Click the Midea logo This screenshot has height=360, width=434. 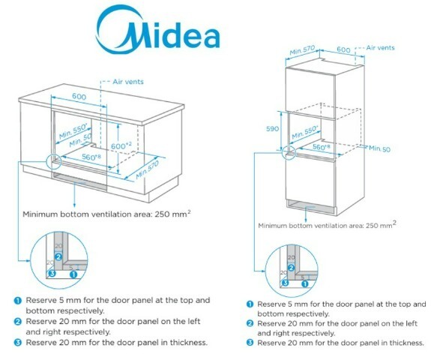[158, 30]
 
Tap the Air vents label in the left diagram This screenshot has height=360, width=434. [128, 82]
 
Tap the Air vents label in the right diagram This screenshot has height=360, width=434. [380, 48]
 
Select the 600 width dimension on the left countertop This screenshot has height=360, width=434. [79, 96]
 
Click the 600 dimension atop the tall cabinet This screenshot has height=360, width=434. [343, 49]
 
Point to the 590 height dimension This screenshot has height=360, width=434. [272, 129]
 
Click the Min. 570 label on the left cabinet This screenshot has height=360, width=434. [148, 169]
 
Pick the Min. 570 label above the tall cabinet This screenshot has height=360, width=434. [302, 50]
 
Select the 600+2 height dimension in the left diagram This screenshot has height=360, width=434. [121, 145]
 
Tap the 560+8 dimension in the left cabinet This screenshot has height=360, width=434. [91, 157]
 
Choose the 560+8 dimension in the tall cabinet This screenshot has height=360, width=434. [321, 146]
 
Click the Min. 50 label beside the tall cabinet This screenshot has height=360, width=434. [379, 148]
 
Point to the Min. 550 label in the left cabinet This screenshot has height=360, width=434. [73, 131]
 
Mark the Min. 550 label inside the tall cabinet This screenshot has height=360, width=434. [305, 132]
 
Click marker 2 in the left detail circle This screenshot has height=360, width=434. [58, 257]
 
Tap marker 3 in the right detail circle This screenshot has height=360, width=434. [285, 283]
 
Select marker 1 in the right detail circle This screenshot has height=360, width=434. [304, 283]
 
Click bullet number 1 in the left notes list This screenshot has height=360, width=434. [17, 301]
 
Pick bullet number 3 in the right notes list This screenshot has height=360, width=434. [250, 343]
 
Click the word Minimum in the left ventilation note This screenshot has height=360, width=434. [40, 214]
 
